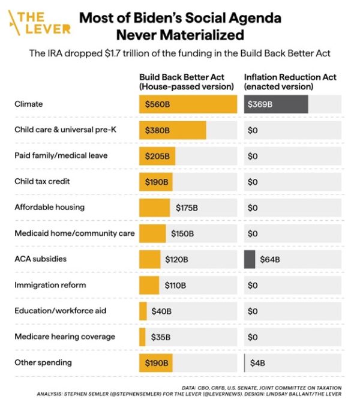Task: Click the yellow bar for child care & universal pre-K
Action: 172,130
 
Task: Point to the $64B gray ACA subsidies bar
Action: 250,259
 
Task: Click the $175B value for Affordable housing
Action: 187,208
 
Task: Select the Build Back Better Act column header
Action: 186,82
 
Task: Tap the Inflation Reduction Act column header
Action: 290,82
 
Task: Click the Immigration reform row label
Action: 50,285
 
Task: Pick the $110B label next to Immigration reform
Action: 175,286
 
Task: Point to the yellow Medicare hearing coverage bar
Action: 142,337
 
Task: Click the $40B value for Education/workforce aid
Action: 161,311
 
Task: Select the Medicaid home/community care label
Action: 74,233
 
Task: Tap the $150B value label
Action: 182,233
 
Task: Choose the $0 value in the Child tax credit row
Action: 253,182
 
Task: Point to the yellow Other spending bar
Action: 155,363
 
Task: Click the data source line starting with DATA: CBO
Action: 261,387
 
